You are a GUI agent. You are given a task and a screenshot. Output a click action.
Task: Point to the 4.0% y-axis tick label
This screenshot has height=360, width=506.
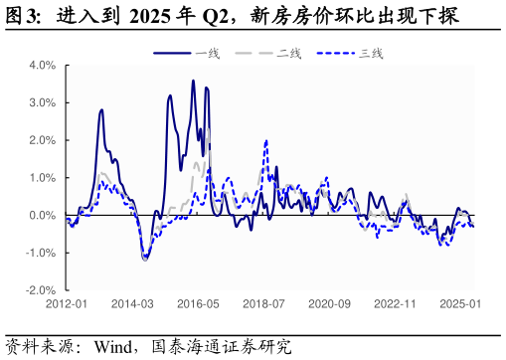[42, 66]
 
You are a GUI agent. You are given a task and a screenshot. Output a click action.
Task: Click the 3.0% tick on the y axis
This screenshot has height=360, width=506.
[42, 102]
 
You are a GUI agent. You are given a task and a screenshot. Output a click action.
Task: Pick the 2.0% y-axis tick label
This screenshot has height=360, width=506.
[42, 140]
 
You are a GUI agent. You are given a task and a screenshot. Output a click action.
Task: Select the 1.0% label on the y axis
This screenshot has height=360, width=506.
[42, 178]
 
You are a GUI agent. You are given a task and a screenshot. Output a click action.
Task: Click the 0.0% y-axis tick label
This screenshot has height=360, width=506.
[42, 215]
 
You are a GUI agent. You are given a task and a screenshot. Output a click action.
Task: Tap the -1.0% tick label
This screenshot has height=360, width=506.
[40, 253]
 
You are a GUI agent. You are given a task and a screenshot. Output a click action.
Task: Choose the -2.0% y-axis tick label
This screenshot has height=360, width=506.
[40, 290]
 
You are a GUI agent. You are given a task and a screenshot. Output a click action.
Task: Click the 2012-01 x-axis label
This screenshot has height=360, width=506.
[68, 303]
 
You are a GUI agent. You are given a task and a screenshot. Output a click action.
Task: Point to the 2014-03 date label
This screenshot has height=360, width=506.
[133, 303]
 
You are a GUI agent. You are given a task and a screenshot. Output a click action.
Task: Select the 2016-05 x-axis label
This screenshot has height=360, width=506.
[199, 303]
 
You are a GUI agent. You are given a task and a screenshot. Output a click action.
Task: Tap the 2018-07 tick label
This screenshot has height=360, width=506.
[264, 303]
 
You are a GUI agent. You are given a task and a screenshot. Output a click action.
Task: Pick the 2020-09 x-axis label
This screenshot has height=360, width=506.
[330, 303]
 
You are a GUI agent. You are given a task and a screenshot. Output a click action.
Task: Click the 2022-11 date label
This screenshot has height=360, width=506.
[396, 303]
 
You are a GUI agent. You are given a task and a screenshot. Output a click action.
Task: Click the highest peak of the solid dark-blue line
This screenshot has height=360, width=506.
[193, 82]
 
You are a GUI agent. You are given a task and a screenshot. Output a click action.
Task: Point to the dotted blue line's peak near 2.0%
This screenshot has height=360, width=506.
[265, 141]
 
